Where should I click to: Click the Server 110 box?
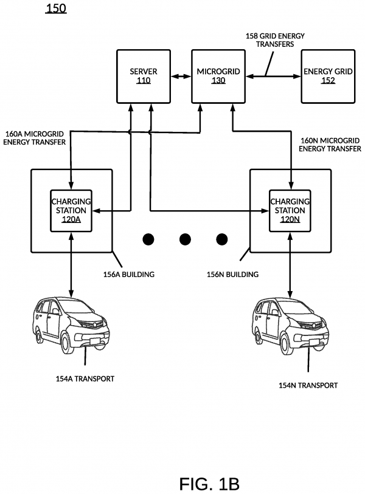coord(143,76)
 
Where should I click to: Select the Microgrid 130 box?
coord(218,76)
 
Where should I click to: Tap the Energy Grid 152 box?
coord(327,76)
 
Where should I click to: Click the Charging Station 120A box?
coord(71,210)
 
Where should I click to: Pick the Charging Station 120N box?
coord(290,210)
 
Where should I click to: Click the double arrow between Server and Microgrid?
coord(181,77)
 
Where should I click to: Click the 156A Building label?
coord(128,275)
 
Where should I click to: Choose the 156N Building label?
coord(233,275)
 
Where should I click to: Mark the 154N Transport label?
coord(308,385)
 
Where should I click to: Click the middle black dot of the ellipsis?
coord(185,239)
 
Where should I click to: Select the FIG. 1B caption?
coord(209,484)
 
